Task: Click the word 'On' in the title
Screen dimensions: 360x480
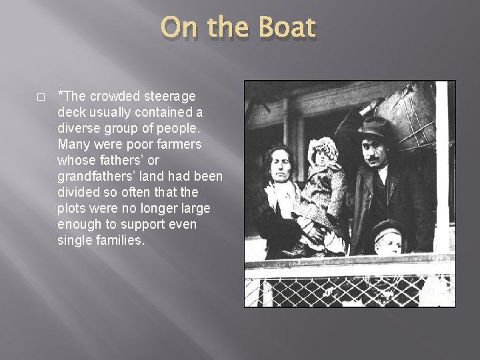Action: (179, 29)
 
